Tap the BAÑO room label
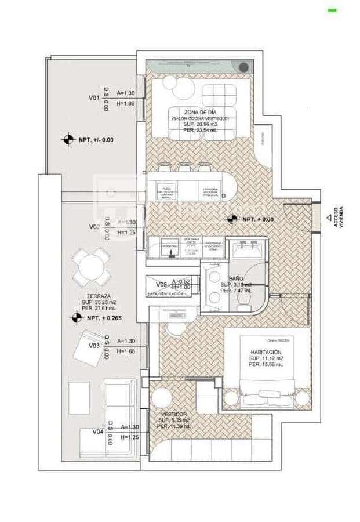tap(235, 278)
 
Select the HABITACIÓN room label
tap(266, 352)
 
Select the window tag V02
tap(95, 227)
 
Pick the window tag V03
tap(94, 346)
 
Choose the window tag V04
tap(98, 432)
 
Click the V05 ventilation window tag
tap(162, 284)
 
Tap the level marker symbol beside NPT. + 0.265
tap(76, 317)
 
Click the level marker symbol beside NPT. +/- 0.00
tap(68, 139)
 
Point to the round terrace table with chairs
tap(92, 266)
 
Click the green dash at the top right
tap(332, 10)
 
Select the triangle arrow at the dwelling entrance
tap(329, 218)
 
